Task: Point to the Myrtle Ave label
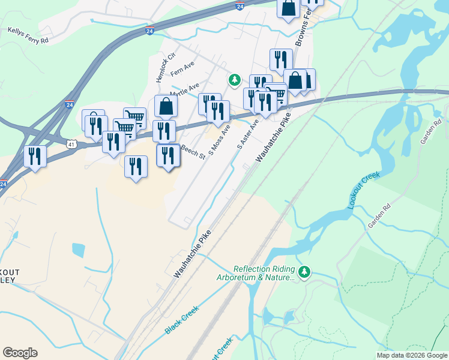click(x=184, y=91)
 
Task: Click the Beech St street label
click(x=193, y=152)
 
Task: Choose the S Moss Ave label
click(x=219, y=139)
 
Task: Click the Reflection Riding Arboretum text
click(x=264, y=273)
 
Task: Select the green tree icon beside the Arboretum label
click(x=305, y=272)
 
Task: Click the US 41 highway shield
click(x=71, y=144)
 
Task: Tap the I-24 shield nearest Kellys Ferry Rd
click(x=149, y=31)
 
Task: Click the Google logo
click(x=20, y=353)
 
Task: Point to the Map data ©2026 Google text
click(x=411, y=355)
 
